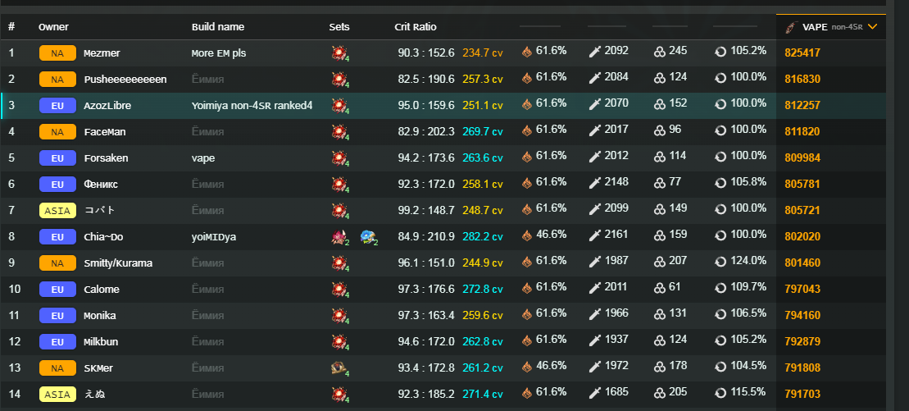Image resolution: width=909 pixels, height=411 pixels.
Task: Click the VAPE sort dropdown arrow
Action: pos(872,27)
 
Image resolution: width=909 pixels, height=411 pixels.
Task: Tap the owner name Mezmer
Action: pos(102,53)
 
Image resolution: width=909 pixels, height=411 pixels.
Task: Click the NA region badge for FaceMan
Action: pos(57,132)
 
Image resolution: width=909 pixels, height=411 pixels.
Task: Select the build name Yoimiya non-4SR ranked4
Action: pos(252,106)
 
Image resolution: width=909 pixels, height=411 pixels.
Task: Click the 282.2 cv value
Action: pos(483,237)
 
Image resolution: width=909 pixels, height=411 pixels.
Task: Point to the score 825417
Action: pos(802,53)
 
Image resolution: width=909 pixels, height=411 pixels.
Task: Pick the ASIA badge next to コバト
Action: pos(57,211)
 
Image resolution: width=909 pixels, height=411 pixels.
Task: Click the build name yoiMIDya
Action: pos(213,237)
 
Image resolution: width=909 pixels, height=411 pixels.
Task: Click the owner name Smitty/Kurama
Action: pos(118,263)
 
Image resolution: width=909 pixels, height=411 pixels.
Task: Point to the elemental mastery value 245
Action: pos(677,51)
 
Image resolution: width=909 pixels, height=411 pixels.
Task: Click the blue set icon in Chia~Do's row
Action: pos(367,237)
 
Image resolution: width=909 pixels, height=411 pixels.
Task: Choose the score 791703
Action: pos(802,395)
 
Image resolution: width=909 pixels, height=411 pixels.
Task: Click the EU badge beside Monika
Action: pos(57,316)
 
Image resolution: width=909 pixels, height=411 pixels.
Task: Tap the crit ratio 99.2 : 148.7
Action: pos(425,211)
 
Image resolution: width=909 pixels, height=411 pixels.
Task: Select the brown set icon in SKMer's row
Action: pos(338,368)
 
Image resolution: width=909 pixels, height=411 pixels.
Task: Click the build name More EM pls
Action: pos(219,53)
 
